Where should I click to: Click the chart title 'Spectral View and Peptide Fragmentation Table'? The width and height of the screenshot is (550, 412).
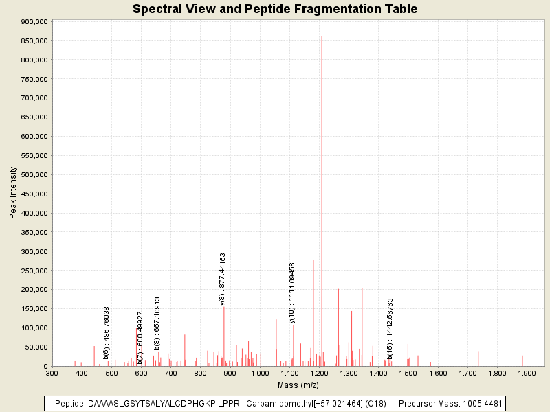pos(275,9)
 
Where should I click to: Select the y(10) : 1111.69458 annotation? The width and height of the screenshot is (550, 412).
pos(292,293)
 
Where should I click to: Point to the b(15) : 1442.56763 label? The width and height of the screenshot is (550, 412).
pos(390,328)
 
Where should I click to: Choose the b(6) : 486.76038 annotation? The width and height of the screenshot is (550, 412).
pos(107,332)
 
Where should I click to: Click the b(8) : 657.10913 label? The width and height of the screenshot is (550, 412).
pos(157,323)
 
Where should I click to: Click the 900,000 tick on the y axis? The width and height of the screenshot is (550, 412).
pos(34,21)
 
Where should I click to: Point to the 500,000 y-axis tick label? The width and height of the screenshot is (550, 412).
pos(34,174)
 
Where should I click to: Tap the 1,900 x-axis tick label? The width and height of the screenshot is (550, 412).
pos(527,373)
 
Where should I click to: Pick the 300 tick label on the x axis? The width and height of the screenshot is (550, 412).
pos(52,373)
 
